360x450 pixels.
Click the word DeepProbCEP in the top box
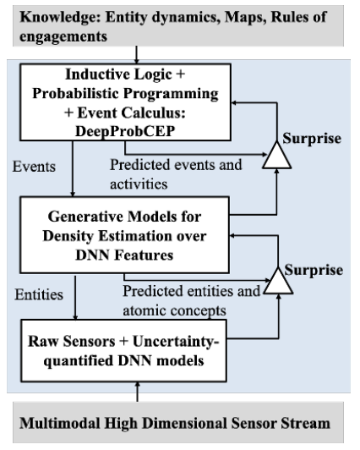tap(125, 131)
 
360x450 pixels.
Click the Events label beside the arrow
tap(34, 167)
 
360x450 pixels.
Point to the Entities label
tap(39, 294)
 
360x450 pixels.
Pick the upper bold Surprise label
tap(312, 139)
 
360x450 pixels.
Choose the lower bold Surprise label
tap(314, 270)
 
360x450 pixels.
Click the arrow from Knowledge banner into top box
tap(136, 55)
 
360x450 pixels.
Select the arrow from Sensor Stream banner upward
tap(137, 392)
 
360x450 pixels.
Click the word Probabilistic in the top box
tap(75, 94)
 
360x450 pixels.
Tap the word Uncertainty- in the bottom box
tap(176, 341)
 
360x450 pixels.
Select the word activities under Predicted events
tap(139, 184)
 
